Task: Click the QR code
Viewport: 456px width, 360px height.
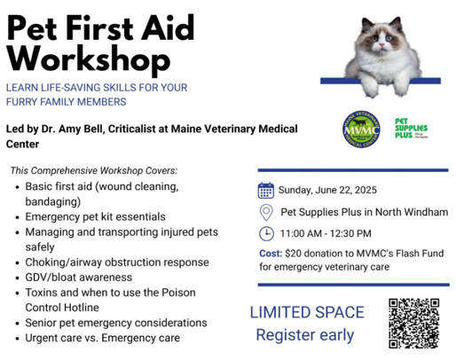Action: coord(413,324)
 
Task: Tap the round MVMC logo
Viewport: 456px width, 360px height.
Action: coord(361,129)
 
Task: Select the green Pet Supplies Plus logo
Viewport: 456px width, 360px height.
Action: coord(412,128)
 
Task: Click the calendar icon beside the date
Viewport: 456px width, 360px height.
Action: coord(265,190)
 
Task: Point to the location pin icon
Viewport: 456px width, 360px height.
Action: coord(266,213)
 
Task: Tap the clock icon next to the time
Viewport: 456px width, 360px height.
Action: coord(266,233)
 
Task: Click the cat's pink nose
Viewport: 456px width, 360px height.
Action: coord(381,44)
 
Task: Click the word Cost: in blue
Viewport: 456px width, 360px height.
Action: coord(271,254)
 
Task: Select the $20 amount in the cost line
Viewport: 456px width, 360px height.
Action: coord(293,254)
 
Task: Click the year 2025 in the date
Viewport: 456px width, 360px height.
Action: coord(365,190)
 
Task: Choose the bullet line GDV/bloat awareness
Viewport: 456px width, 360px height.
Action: coord(79,278)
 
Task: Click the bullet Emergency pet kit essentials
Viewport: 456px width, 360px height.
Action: coord(95,216)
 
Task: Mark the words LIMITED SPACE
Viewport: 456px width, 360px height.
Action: coord(307,312)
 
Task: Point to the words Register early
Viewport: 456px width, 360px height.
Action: coord(305,335)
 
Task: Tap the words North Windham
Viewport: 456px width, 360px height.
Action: coord(412,212)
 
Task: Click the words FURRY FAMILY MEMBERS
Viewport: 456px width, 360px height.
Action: coord(67,102)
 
